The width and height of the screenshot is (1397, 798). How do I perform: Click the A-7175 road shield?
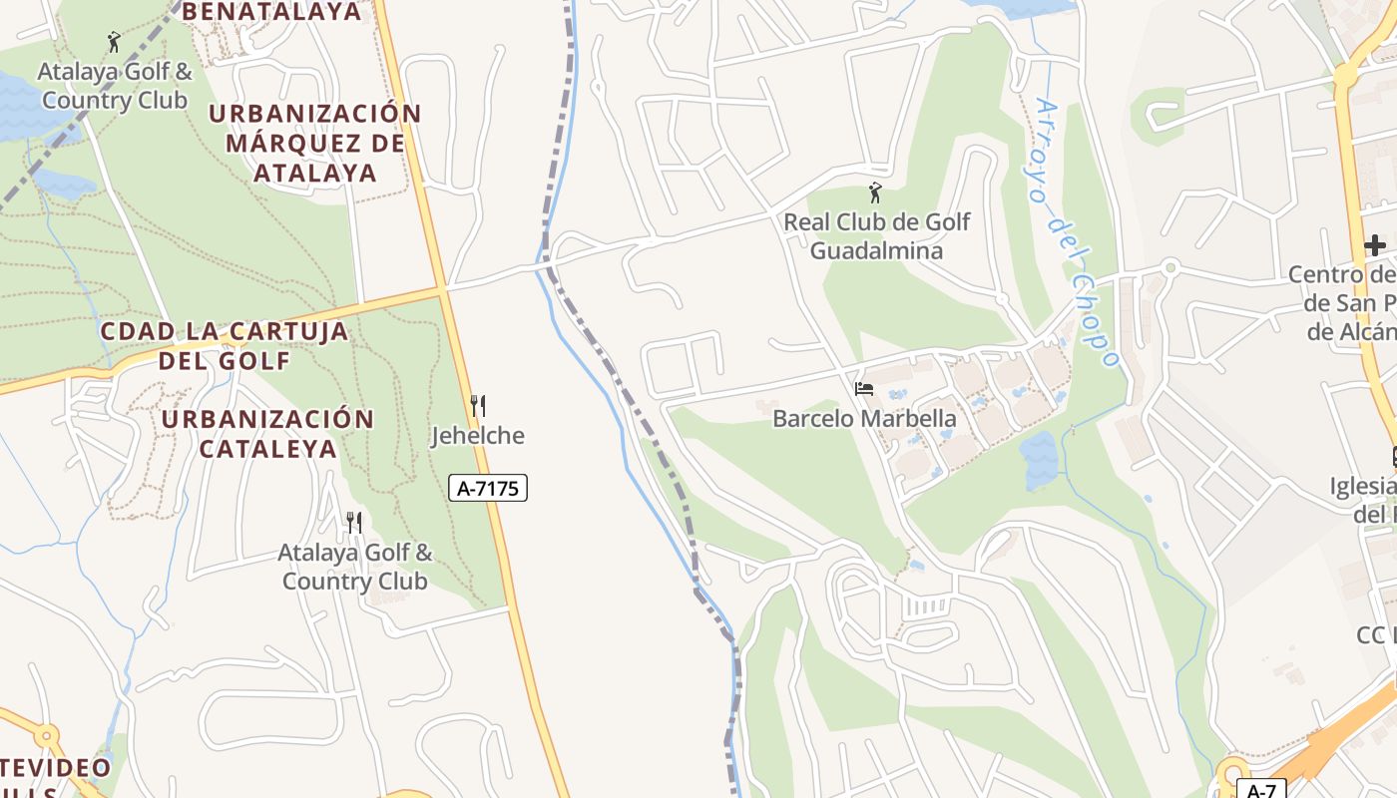(x=489, y=488)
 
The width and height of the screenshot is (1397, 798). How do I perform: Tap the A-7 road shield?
(x=1261, y=790)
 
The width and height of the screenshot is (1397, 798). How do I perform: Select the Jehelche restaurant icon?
(x=478, y=406)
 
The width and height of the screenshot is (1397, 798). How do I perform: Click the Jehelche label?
(x=478, y=436)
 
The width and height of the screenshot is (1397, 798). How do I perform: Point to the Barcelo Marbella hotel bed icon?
(x=864, y=388)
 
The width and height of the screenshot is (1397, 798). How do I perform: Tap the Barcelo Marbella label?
(x=864, y=419)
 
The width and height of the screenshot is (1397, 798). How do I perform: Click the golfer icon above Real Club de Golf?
(x=875, y=193)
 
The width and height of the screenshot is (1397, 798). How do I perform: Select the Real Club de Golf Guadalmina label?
(x=876, y=235)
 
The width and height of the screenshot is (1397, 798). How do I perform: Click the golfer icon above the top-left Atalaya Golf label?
(x=114, y=43)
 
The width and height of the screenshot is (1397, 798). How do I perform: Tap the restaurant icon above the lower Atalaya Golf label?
(x=353, y=522)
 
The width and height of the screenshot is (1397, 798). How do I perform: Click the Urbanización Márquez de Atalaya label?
(x=315, y=143)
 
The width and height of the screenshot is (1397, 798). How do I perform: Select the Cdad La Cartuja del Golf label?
(x=225, y=345)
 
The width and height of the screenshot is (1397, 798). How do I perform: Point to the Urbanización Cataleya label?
(x=267, y=433)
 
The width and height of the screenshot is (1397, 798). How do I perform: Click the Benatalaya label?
(x=272, y=12)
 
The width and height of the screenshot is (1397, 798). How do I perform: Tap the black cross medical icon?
(x=1375, y=244)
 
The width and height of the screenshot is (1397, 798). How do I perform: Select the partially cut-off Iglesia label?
(x=1363, y=500)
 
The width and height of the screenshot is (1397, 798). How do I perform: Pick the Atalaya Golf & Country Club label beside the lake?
(x=115, y=86)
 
